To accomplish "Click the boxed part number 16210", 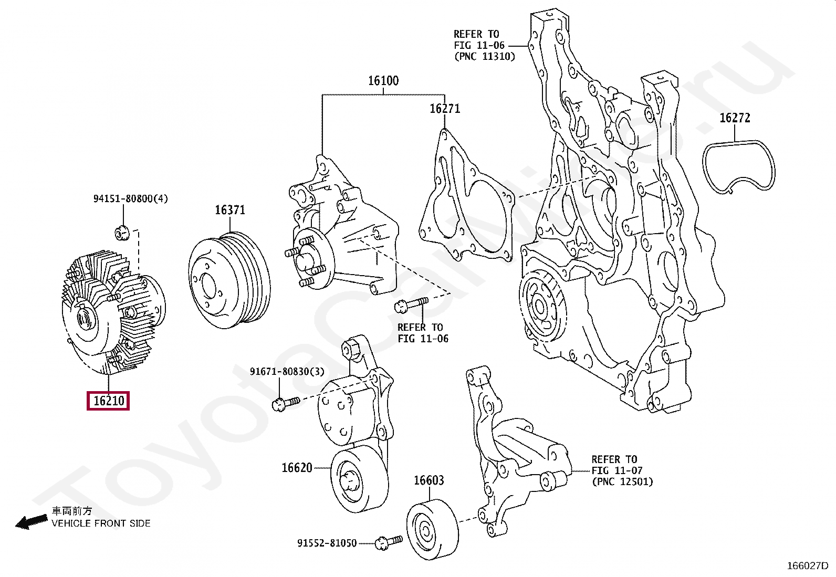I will coord(108,401).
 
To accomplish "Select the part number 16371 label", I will coord(230,210).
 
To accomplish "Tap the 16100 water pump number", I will coord(383,81).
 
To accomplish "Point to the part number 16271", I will coord(445,109).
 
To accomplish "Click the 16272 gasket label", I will coord(735,118).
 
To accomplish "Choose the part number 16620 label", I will coord(297,467).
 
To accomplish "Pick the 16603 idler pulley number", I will coord(429,480).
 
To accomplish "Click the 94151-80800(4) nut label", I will coord(130,198).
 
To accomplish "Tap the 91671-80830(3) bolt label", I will coord(287,372).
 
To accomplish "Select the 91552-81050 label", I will coord(327,543).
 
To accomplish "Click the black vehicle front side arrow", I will coord(32,521).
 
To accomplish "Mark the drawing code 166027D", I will coord(807,565).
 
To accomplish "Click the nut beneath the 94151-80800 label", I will coord(122,232).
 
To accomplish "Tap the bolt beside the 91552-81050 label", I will coord(389,542).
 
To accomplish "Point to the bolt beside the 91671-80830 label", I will coord(286,403).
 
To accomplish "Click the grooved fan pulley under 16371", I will coord(229,281).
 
